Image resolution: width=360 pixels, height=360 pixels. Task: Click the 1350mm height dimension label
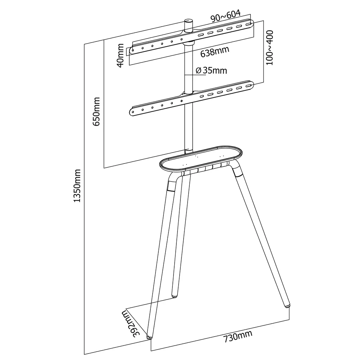(x=77, y=185)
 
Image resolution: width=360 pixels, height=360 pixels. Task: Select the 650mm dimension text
(x=96, y=112)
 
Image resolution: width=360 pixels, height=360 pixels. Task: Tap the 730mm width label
(x=238, y=336)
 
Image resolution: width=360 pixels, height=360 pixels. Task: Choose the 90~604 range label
(x=226, y=16)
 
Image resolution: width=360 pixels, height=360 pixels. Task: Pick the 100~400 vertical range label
(x=270, y=48)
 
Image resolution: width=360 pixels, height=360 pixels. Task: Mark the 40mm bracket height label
(x=120, y=55)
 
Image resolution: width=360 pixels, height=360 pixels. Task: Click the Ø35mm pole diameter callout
(x=211, y=70)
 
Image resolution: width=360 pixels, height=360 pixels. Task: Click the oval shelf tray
(x=201, y=158)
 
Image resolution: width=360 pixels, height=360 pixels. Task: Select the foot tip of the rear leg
(x=175, y=296)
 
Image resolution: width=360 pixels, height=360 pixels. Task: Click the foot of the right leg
(x=287, y=306)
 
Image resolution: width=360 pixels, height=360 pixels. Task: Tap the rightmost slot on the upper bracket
(x=248, y=24)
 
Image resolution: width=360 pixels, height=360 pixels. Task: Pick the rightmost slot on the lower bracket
(x=248, y=86)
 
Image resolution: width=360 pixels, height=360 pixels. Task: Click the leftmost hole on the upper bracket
(x=133, y=50)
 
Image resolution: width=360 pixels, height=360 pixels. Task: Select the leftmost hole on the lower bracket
(x=133, y=112)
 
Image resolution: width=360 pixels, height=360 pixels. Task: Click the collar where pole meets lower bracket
(x=189, y=93)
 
